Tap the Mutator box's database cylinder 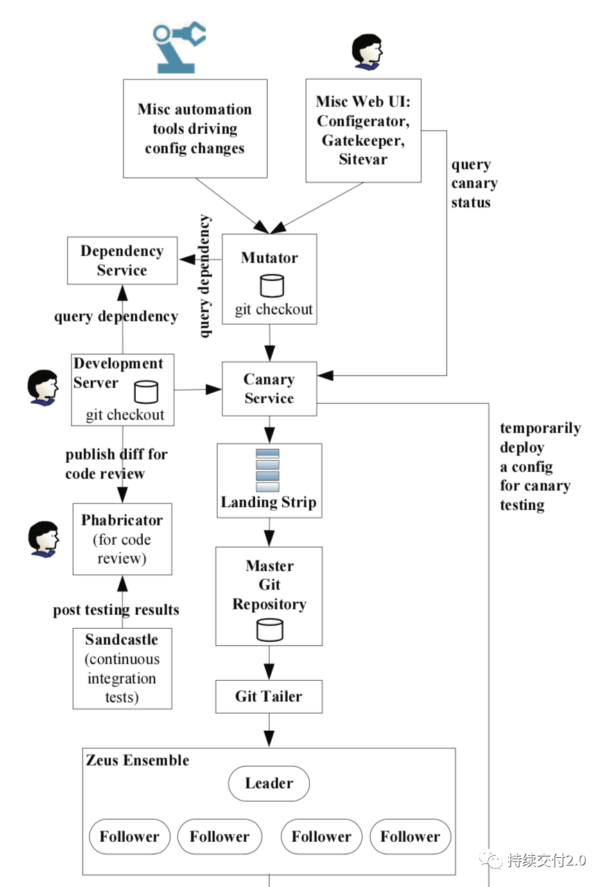(272, 285)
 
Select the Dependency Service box (122, 260)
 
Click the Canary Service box (270, 389)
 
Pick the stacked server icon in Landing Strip (268, 470)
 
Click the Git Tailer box (269, 697)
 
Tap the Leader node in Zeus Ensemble (269, 784)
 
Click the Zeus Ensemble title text (138, 760)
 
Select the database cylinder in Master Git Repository (270, 630)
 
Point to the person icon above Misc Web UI (367, 52)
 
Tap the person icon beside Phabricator (44, 539)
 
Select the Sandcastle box (122, 668)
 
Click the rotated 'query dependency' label (204, 276)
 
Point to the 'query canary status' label (474, 183)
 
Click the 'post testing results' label (116, 610)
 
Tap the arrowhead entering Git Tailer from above (269, 672)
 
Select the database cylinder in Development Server (146, 392)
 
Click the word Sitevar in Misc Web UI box (363, 159)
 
